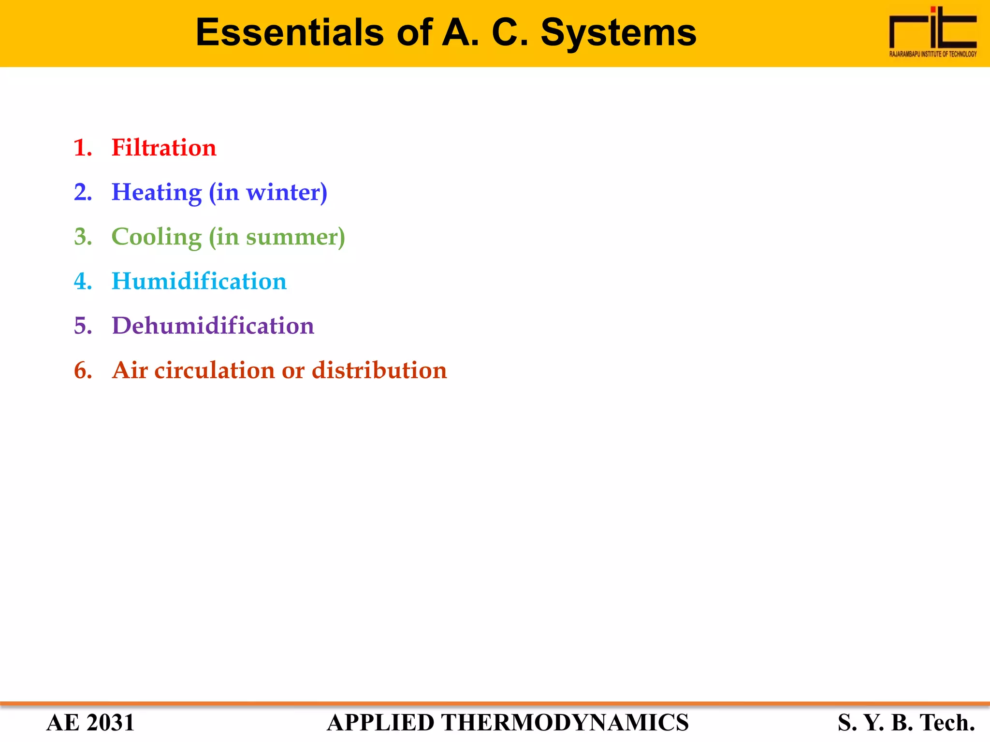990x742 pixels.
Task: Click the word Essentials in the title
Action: click(290, 33)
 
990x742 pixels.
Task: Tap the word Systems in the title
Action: click(618, 33)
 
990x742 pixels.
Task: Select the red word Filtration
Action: click(164, 148)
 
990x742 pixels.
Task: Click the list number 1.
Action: click(83, 148)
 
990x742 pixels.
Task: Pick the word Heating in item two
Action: click(157, 193)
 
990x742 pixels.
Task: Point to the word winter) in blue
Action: click(287, 193)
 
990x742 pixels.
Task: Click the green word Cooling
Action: click(157, 237)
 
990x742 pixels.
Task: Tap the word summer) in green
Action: click(295, 237)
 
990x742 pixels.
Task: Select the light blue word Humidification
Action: click(199, 282)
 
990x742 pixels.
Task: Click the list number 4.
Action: click(83, 282)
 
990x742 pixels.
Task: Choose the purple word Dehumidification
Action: click(213, 326)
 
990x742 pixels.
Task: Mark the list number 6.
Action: click(83, 371)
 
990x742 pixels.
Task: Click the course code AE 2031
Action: click(90, 723)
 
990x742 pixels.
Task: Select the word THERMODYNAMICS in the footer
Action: click(565, 723)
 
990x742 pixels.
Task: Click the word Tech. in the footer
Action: click(947, 723)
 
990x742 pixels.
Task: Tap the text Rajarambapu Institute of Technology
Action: click(932, 54)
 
